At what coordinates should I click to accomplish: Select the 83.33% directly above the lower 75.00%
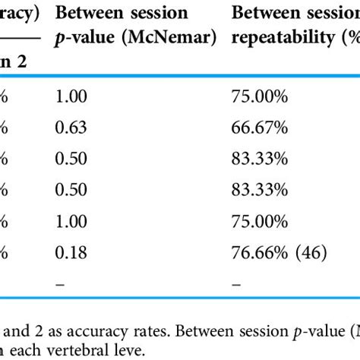pos(260,191)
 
